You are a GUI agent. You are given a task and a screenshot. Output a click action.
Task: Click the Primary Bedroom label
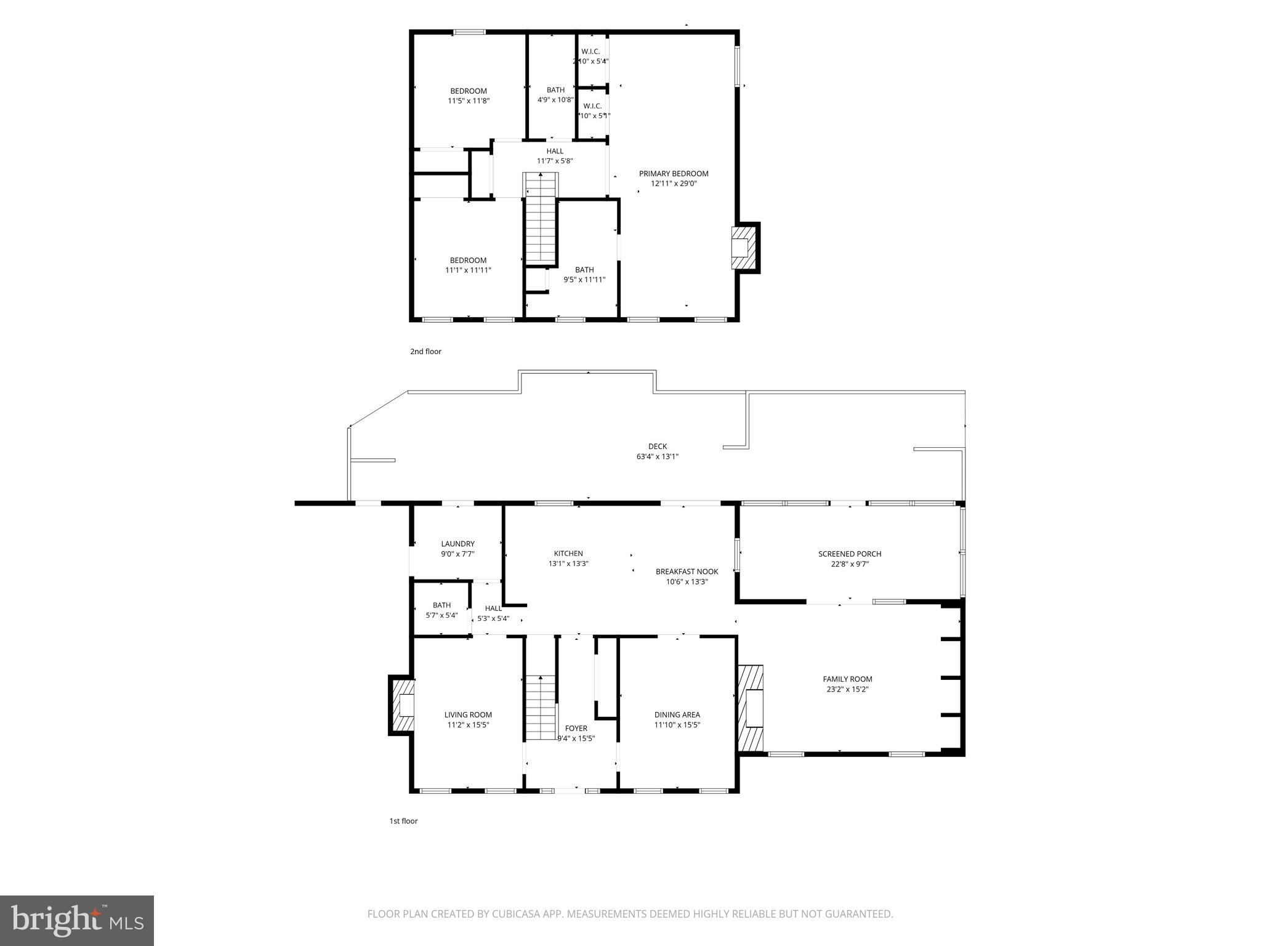[674, 174]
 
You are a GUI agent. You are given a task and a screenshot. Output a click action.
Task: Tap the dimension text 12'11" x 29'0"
[674, 184]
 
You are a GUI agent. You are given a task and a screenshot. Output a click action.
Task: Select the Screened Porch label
[850, 554]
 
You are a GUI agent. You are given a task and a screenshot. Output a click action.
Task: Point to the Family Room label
[847, 679]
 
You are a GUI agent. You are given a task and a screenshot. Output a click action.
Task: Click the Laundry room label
[457, 544]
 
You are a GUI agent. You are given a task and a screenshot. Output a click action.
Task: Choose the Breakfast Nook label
[687, 572]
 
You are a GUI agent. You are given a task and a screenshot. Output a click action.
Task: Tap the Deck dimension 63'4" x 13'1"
[657, 457]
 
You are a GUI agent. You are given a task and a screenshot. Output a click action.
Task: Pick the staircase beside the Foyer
[541, 708]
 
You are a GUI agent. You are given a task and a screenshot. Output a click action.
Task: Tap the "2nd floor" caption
[425, 352]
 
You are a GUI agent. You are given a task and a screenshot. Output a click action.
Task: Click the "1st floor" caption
[403, 821]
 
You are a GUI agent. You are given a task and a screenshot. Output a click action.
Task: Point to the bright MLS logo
[77, 921]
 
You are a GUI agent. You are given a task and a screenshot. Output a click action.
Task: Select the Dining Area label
[677, 715]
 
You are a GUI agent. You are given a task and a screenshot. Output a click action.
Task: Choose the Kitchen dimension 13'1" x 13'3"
[568, 564]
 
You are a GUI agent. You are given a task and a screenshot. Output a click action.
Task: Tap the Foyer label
[576, 729]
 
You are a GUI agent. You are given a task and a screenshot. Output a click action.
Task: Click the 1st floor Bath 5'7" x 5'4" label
[441, 605]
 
